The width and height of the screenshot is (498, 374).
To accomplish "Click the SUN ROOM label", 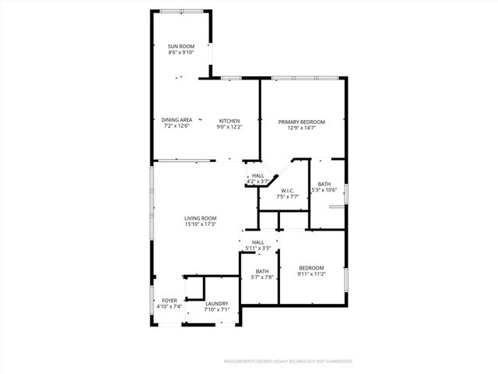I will (x=181, y=47).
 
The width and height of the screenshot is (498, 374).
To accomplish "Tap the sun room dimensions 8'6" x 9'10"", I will (x=181, y=53).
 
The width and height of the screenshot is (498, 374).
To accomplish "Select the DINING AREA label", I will (x=177, y=120).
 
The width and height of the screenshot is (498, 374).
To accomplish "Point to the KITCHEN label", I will (x=229, y=120).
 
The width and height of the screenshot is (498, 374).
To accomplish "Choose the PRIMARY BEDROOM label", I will (x=301, y=122).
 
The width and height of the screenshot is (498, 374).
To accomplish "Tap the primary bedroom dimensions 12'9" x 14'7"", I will (x=301, y=129).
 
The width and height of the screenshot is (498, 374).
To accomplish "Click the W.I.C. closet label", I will (x=288, y=190).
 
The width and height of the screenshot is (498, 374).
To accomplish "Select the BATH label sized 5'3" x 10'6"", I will (x=324, y=184).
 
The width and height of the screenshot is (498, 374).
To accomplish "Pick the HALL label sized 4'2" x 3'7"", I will (x=258, y=175).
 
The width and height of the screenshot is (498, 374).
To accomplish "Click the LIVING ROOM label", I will (x=200, y=218).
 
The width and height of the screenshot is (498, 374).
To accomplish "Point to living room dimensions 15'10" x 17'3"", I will (x=200, y=224).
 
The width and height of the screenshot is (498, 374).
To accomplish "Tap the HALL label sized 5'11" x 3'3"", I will (x=258, y=242).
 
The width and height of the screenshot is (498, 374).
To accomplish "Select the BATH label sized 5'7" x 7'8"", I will (x=258, y=271).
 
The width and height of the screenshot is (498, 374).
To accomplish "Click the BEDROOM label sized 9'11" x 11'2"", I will (x=311, y=268).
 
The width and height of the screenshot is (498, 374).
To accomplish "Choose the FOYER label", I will (x=169, y=300).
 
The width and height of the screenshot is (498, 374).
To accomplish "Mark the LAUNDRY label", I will (x=216, y=303).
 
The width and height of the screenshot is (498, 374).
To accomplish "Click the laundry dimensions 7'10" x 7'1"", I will (x=216, y=309).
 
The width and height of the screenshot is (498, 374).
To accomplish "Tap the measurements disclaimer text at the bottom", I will (x=288, y=362).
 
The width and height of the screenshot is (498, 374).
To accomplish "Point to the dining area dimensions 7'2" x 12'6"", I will (x=177, y=126).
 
